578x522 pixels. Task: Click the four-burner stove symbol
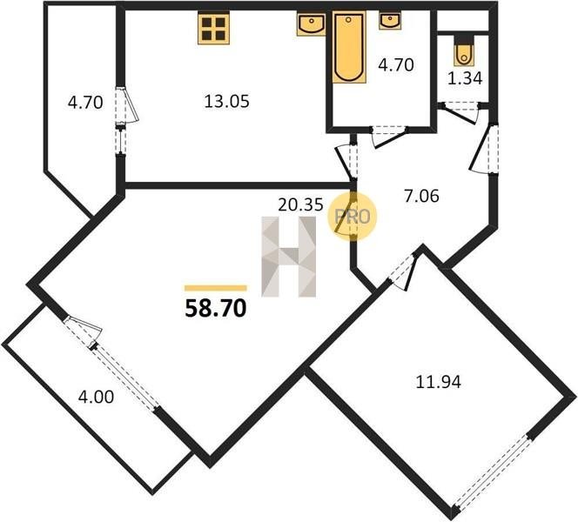coord(214,28)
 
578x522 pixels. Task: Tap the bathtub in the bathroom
coord(349,47)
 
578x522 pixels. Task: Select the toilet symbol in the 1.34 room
coord(463,51)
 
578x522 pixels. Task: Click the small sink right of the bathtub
coord(390,21)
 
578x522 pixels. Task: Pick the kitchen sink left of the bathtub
coord(311,24)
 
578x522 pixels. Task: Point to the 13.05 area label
coord(226,101)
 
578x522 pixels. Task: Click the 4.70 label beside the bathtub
coord(396,65)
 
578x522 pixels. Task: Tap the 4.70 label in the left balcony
coord(85,103)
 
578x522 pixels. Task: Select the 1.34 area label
coord(465,78)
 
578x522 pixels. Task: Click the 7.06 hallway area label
coord(421,196)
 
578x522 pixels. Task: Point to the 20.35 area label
coord(300,204)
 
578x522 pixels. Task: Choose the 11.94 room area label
coord(439,382)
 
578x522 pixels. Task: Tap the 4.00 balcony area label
coord(97,397)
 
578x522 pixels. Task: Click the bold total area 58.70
coord(216,308)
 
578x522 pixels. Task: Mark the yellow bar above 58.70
coord(216,288)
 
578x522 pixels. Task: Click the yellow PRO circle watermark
coord(353,217)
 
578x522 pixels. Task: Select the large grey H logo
coord(289,257)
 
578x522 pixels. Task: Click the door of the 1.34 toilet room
coord(460,113)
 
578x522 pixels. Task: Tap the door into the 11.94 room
coord(402,269)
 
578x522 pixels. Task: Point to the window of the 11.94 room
coord(494,473)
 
